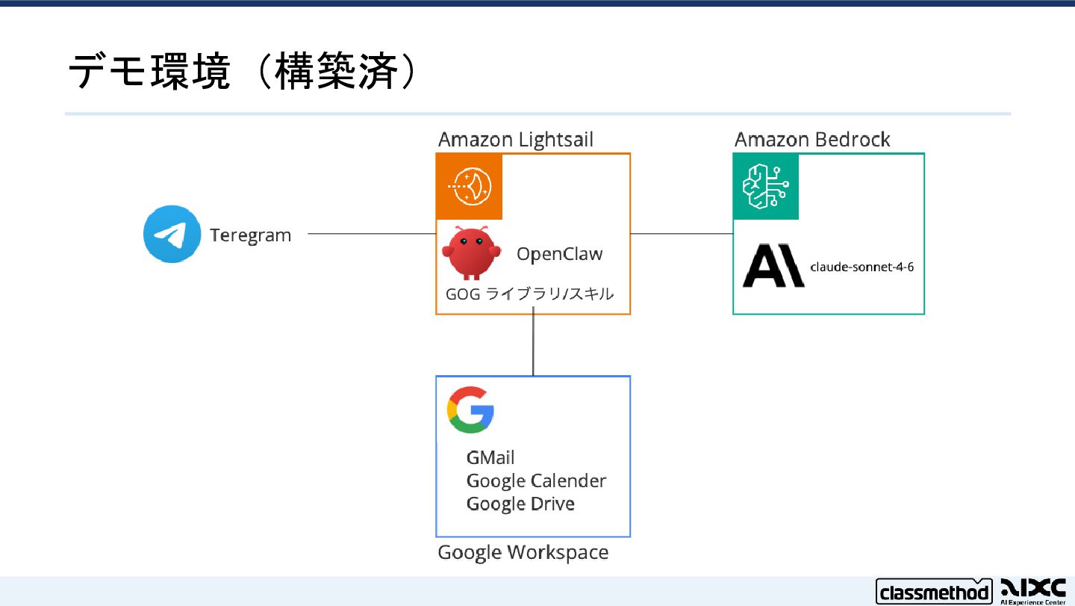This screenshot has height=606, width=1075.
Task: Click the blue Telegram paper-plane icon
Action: pos(172,235)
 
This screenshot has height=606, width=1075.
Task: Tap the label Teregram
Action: pos(250,235)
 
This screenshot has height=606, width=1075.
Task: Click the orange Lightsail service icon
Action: pos(470,186)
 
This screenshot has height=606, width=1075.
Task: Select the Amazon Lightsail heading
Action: pos(515,140)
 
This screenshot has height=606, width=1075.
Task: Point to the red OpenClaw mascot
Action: pos(468,253)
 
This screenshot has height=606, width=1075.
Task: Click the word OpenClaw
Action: pos(559,254)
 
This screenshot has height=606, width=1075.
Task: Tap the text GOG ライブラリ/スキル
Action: pos(529,294)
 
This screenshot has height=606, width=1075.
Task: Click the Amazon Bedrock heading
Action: pos(812,140)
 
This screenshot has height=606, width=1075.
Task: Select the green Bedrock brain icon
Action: pos(765,186)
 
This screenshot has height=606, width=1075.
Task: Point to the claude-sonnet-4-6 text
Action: pos(861,267)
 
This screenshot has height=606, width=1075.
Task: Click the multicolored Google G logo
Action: pos(470,409)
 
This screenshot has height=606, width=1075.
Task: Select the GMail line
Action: pos(490,457)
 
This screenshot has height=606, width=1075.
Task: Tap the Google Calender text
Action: pos(536,480)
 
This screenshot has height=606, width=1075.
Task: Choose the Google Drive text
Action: pos(520,504)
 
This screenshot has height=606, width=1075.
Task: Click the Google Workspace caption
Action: pos(523,553)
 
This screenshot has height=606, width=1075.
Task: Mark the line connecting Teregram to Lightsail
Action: pos(371,234)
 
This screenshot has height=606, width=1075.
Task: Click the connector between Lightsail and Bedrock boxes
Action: pos(682,234)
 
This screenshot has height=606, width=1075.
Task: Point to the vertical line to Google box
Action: pos(533,344)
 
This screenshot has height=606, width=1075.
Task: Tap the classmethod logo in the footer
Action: pos(932,593)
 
